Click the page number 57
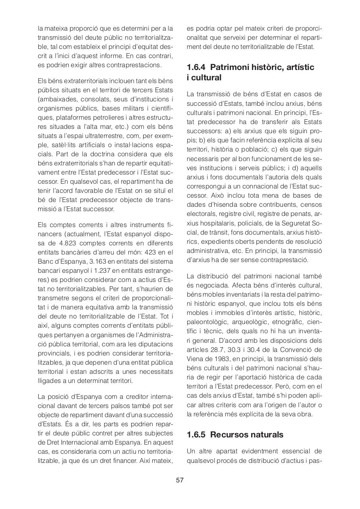click(180, 480)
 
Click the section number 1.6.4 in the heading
click(197, 67)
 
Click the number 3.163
click(103, 261)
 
